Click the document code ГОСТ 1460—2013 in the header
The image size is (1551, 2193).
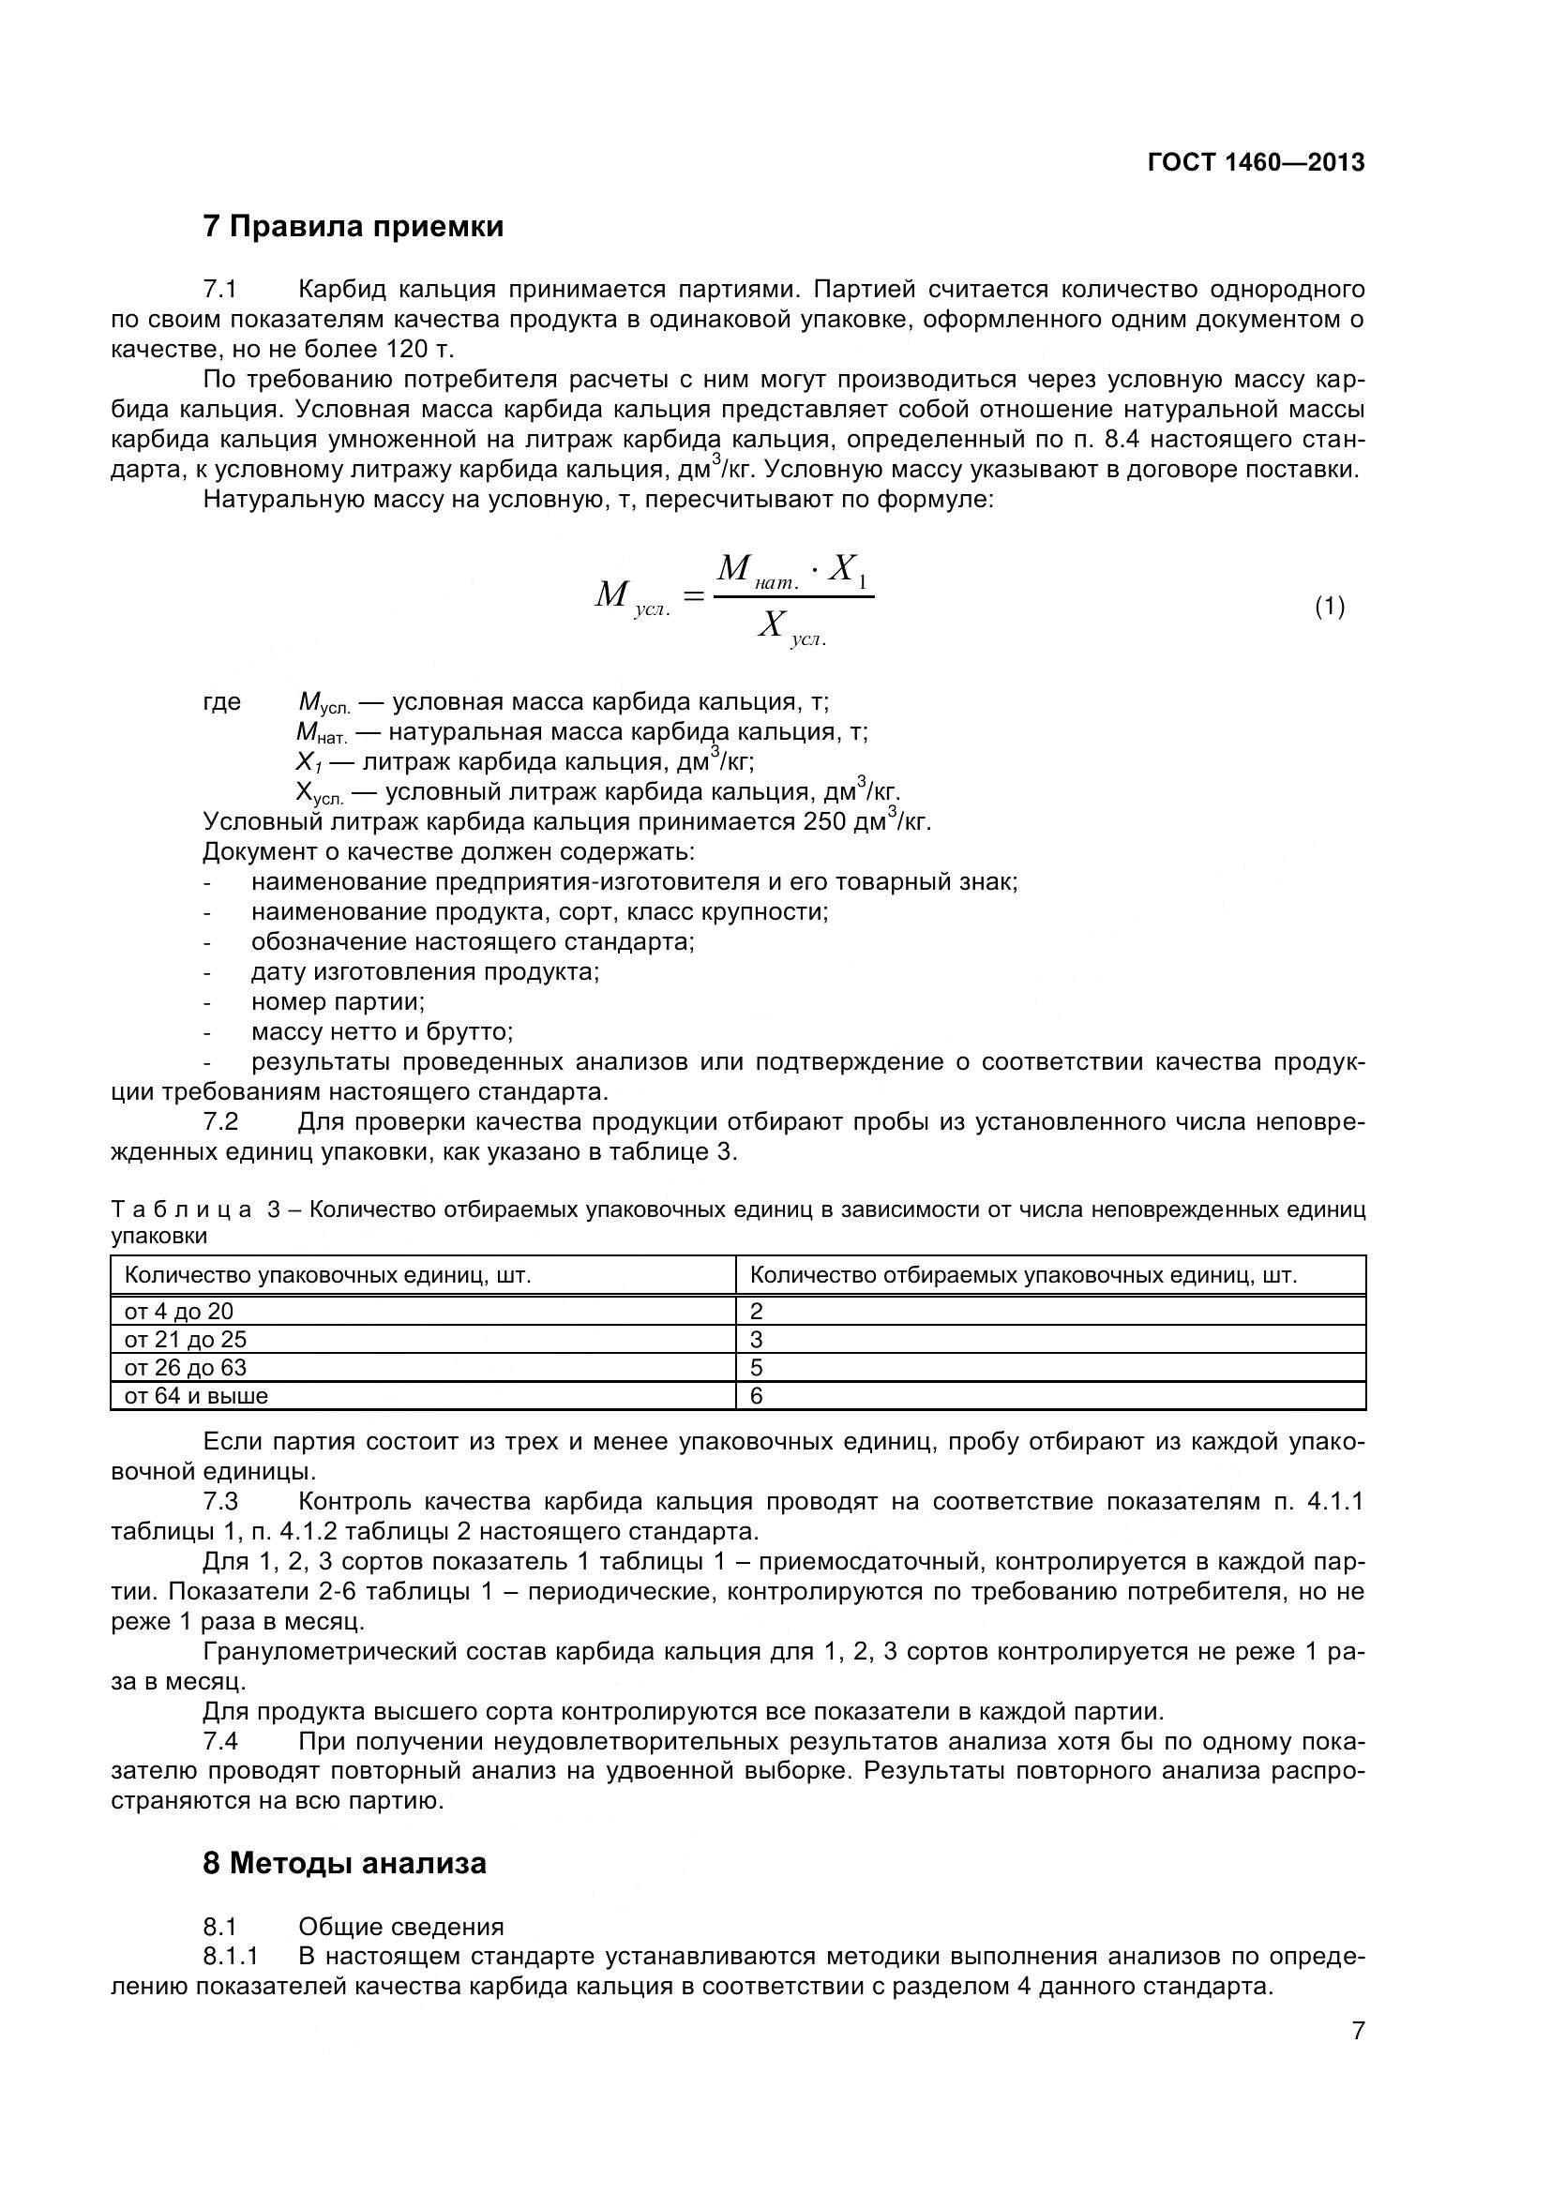pyautogui.click(x=1255, y=162)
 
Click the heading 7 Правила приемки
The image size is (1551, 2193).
pyautogui.click(x=354, y=227)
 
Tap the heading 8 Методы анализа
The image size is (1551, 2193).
pyautogui.click(x=345, y=1863)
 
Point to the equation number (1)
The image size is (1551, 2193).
pyautogui.click(x=1330, y=606)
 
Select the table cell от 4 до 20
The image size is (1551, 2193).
pyautogui.click(x=178, y=1312)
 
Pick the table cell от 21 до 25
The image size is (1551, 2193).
pyautogui.click(x=186, y=1339)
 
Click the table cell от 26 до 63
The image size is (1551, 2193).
pyautogui.click(x=186, y=1368)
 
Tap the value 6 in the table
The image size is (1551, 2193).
pyautogui.click(x=757, y=1396)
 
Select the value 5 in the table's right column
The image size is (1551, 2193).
pyautogui.click(x=757, y=1368)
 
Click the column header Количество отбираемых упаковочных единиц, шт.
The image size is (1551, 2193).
pyautogui.click(x=1023, y=1275)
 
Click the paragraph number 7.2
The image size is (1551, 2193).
pyautogui.click(x=220, y=1121)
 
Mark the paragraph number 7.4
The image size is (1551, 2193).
pyautogui.click(x=220, y=1741)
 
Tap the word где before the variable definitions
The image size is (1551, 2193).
pyautogui.click(x=221, y=702)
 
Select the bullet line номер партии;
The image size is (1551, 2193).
pyautogui.click(x=339, y=1002)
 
